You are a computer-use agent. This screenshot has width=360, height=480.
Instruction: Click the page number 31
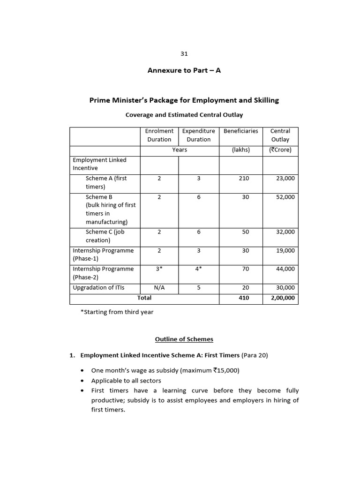coord(184,54)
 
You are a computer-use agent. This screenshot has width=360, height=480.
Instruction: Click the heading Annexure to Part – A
coord(184,71)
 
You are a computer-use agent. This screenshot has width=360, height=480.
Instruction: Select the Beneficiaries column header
coord(241,131)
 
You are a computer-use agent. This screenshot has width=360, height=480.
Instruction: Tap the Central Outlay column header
coord(280,135)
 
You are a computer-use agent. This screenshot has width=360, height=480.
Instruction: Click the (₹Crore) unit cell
coord(280,150)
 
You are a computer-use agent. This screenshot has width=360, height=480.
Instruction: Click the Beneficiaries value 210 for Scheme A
coord(244,179)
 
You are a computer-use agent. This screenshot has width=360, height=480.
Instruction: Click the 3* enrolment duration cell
coord(159,269)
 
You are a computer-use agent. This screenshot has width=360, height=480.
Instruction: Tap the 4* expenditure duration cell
coord(199,269)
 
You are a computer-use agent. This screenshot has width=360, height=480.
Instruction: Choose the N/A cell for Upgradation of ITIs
coord(159,288)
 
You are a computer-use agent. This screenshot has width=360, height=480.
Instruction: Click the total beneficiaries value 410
coord(244,298)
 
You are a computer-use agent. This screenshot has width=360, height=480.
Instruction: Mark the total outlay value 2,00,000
coord(283,298)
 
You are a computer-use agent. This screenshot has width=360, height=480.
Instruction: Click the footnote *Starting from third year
coord(117,312)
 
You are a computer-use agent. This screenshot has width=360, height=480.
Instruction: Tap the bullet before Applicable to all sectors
coord(82,381)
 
